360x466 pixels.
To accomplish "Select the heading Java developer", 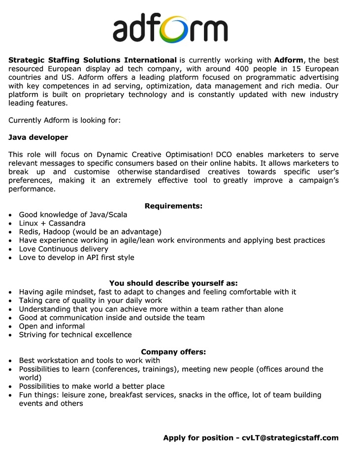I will [x=38, y=137].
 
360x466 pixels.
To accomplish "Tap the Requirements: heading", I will [x=173, y=206].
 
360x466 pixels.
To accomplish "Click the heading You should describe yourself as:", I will [x=173, y=283].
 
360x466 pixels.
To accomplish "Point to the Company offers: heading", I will [x=173, y=352].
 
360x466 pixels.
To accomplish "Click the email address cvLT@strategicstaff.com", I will [x=290, y=438].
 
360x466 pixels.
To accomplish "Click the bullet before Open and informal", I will [x=10, y=327].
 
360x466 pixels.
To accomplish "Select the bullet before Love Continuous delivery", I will [x=10, y=249].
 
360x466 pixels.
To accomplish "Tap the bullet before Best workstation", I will [x=10, y=361].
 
